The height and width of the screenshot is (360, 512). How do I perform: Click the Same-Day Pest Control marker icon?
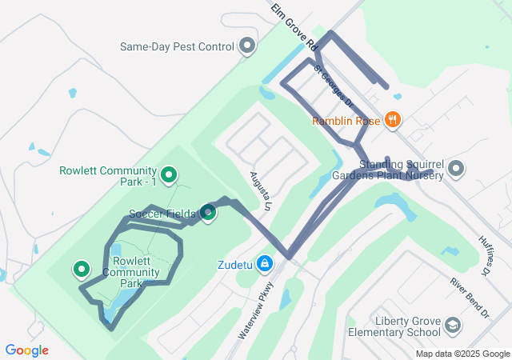point(247,46)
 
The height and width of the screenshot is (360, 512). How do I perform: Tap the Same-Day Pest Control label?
point(177,46)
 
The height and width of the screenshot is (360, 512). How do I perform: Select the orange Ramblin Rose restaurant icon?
point(392,121)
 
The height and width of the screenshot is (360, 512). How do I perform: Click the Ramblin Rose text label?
point(346,122)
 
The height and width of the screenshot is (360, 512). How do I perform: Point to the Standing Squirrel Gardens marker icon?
point(456,168)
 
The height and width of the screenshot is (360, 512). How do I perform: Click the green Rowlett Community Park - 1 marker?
point(169,174)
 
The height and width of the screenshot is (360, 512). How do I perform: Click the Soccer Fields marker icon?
point(208,213)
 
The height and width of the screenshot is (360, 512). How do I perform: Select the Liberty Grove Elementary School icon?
point(453,325)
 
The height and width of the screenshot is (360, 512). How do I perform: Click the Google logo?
point(26,350)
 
